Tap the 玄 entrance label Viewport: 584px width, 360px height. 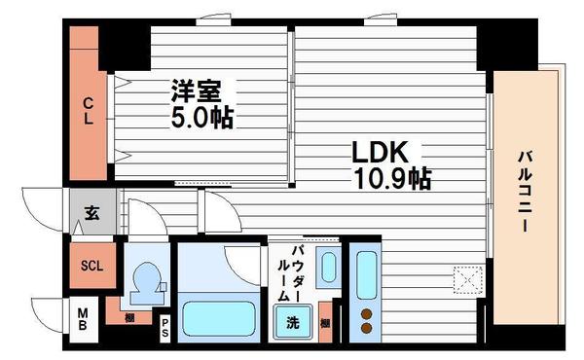(x=91, y=214)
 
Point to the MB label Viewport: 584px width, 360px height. (x=83, y=317)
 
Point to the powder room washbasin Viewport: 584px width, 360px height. (x=329, y=267)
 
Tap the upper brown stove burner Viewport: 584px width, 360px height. (x=368, y=313)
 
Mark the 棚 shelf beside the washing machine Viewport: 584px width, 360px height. (x=325, y=323)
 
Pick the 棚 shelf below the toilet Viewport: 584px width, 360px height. (x=129, y=315)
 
